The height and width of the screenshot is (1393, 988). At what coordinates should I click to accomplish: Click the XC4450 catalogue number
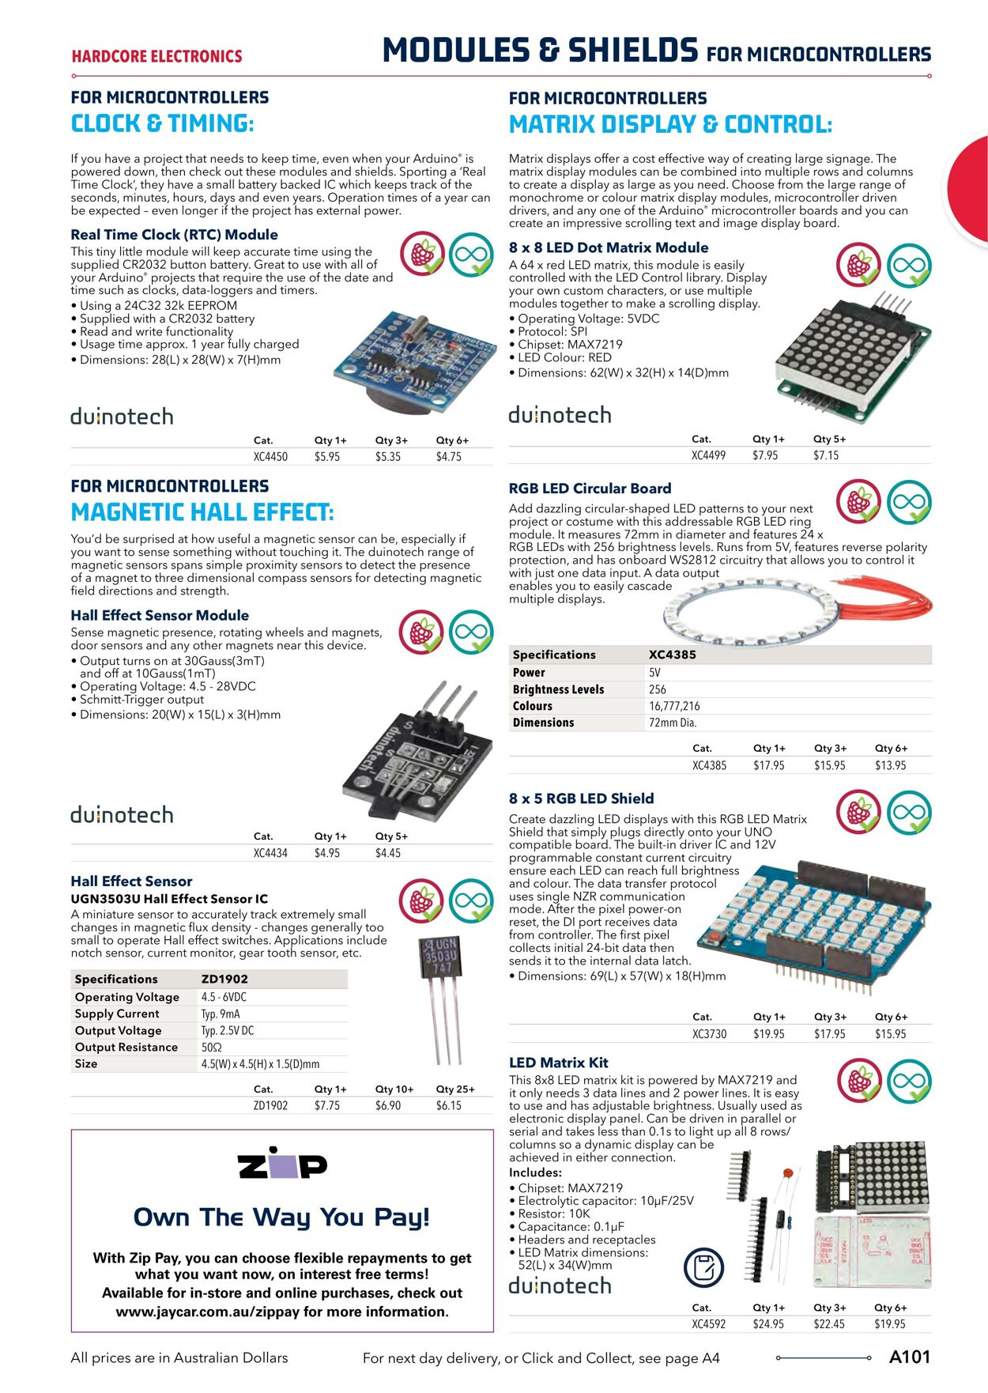click(x=270, y=457)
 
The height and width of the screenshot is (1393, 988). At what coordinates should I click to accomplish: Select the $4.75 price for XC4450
click(x=448, y=457)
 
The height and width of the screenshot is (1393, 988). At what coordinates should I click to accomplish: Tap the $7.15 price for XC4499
click(x=826, y=455)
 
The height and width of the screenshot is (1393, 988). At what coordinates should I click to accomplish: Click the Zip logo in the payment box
click(x=282, y=1164)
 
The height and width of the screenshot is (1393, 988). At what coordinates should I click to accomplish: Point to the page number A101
click(x=909, y=1357)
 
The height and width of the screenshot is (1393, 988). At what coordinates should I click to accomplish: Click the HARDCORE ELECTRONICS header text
click(x=156, y=56)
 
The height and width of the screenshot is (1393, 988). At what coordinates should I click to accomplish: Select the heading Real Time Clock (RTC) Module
click(x=174, y=235)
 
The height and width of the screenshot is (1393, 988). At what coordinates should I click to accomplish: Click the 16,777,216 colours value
click(x=674, y=706)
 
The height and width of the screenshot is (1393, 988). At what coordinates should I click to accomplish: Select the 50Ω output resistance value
click(x=211, y=1048)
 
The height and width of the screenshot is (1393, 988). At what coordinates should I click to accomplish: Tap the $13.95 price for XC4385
click(x=890, y=765)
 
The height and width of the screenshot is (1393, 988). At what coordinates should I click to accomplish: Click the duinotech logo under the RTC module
click(x=122, y=417)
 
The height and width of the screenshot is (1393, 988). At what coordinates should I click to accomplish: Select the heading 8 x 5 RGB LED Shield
click(x=581, y=798)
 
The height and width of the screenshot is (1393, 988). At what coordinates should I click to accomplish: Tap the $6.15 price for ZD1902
click(x=448, y=1106)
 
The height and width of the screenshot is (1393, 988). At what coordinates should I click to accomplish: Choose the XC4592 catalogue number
click(x=708, y=1324)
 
